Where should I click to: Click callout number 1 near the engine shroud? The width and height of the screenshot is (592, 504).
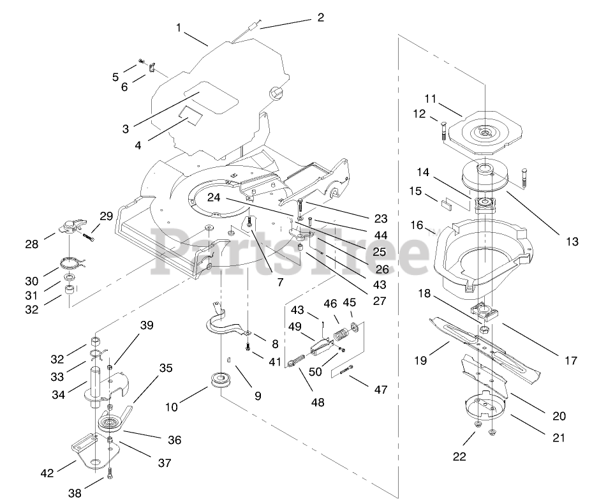tap(179, 27)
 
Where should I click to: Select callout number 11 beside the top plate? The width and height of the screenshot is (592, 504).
tap(430, 99)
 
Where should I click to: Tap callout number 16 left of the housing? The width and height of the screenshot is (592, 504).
tap(417, 225)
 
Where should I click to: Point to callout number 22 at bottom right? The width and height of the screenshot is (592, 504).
tap(459, 456)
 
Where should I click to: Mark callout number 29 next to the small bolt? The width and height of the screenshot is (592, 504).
tap(106, 216)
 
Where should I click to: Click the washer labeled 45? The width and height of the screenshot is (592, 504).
tap(355, 327)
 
